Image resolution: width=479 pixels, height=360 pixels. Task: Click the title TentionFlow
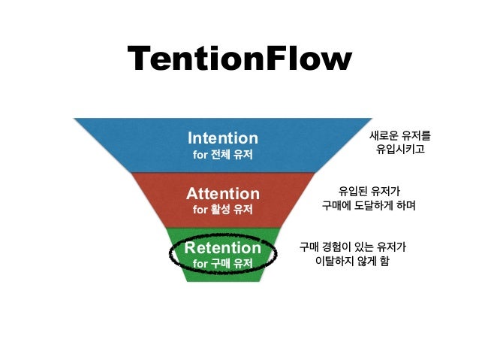239,59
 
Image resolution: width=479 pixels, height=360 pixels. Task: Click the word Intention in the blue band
222,138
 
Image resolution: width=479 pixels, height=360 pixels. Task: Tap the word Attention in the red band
222,193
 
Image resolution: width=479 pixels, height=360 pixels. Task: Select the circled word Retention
222,248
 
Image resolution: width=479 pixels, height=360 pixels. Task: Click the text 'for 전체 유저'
222,156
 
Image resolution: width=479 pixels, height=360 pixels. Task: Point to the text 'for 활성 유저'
222,210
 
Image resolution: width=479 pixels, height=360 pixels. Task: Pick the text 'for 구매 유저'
222,264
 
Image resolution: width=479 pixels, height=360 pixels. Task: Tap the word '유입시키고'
401,150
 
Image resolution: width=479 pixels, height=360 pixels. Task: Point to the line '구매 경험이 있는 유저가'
353,247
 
